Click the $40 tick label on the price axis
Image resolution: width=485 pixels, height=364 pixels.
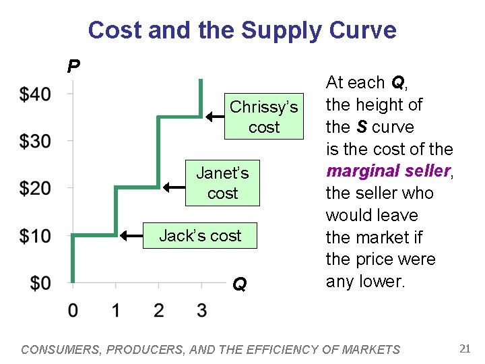[35, 94]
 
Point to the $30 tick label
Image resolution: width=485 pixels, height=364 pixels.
[35, 142]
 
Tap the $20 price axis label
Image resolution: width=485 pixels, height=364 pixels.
[35, 188]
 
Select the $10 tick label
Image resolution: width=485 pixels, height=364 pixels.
[35, 236]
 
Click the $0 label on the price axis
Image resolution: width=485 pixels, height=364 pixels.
[40, 283]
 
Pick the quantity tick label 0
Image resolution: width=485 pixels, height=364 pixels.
[73, 311]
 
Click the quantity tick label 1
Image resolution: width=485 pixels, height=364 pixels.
[116, 311]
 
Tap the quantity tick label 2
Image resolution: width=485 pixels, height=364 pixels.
[159, 311]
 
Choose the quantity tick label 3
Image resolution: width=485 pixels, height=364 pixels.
[201, 311]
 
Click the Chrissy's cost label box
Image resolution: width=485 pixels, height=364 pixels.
[264, 117]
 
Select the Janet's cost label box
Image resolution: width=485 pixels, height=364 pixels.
[222, 183]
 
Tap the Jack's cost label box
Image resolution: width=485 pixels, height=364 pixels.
[200, 236]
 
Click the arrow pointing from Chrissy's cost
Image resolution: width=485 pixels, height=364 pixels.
[214, 117]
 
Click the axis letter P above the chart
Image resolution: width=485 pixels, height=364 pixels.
[73, 67]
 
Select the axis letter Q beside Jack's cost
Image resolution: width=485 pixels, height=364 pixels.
[239, 285]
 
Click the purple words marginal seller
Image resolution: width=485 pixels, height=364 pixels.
[388, 171]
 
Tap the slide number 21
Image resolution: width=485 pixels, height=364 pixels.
[465, 348]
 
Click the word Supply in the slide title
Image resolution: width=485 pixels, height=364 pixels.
[285, 30]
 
